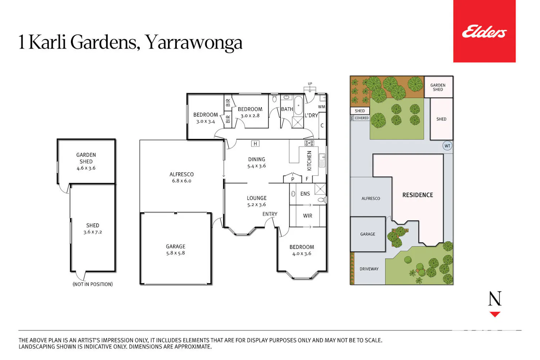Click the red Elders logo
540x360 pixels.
tap(484, 31)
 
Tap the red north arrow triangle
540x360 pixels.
tap(495, 314)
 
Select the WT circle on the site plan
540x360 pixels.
tap(447, 146)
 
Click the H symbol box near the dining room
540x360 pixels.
tap(255, 144)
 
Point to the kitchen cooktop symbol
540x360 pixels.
tap(309, 143)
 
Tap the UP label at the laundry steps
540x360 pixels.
tap(310, 84)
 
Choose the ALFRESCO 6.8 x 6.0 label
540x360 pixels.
tap(181, 177)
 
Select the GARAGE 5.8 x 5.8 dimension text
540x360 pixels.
tap(176, 253)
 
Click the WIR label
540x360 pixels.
tap(307, 216)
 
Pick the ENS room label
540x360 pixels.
tap(305, 194)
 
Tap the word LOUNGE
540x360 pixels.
tap(256, 198)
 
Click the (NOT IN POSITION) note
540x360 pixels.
tap(93, 284)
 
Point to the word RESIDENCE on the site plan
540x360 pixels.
tap(418, 195)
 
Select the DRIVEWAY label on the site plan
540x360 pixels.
tap(369, 269)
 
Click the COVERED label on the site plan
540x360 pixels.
tap(361, 118)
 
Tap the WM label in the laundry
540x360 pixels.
tap(321, 107)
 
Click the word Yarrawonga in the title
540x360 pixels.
tap(194, 42)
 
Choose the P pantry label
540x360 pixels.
tap(292, 179)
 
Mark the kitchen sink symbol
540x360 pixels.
tap(322, 160)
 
